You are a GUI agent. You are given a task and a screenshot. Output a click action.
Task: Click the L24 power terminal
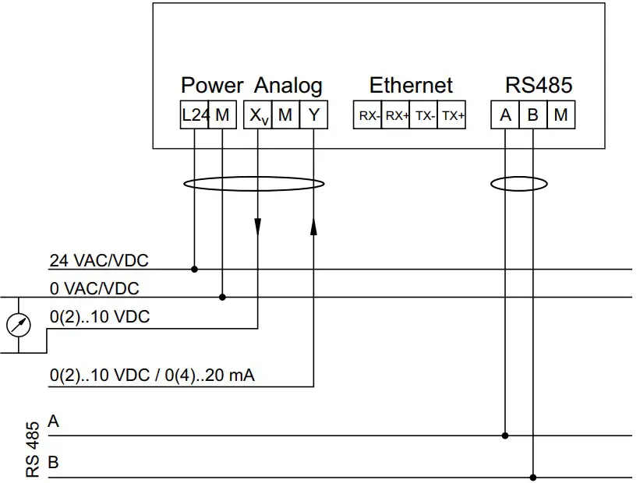pos(194,115)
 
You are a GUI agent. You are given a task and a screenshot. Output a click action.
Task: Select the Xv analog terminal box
pos(257,115)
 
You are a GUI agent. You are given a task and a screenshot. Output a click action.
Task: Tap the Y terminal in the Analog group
pos(313,115)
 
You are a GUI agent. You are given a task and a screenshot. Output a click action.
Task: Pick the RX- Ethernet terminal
pos(368,116)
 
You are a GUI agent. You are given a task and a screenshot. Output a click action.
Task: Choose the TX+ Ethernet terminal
pos(452,116)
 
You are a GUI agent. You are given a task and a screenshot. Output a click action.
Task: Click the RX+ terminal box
pos(396,116)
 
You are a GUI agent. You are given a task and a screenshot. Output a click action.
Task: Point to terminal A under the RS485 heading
pos(505,115)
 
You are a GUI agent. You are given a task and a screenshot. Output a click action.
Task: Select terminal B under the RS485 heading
pos(533,115)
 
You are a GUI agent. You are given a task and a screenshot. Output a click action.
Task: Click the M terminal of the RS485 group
pos(561,115)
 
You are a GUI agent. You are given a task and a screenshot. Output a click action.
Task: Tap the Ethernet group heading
pos(411,85)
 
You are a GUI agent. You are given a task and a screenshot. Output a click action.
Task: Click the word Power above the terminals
pos(212,85)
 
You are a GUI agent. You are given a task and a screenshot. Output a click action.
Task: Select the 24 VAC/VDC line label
pos(98,259)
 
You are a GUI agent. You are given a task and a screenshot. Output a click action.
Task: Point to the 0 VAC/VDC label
pos(94,288)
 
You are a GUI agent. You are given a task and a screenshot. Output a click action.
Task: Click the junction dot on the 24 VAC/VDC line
pos(194,270)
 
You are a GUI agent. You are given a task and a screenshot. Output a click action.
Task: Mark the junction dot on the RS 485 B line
pos(533,477)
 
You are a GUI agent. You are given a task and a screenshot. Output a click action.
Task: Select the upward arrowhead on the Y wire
pos(313,226)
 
